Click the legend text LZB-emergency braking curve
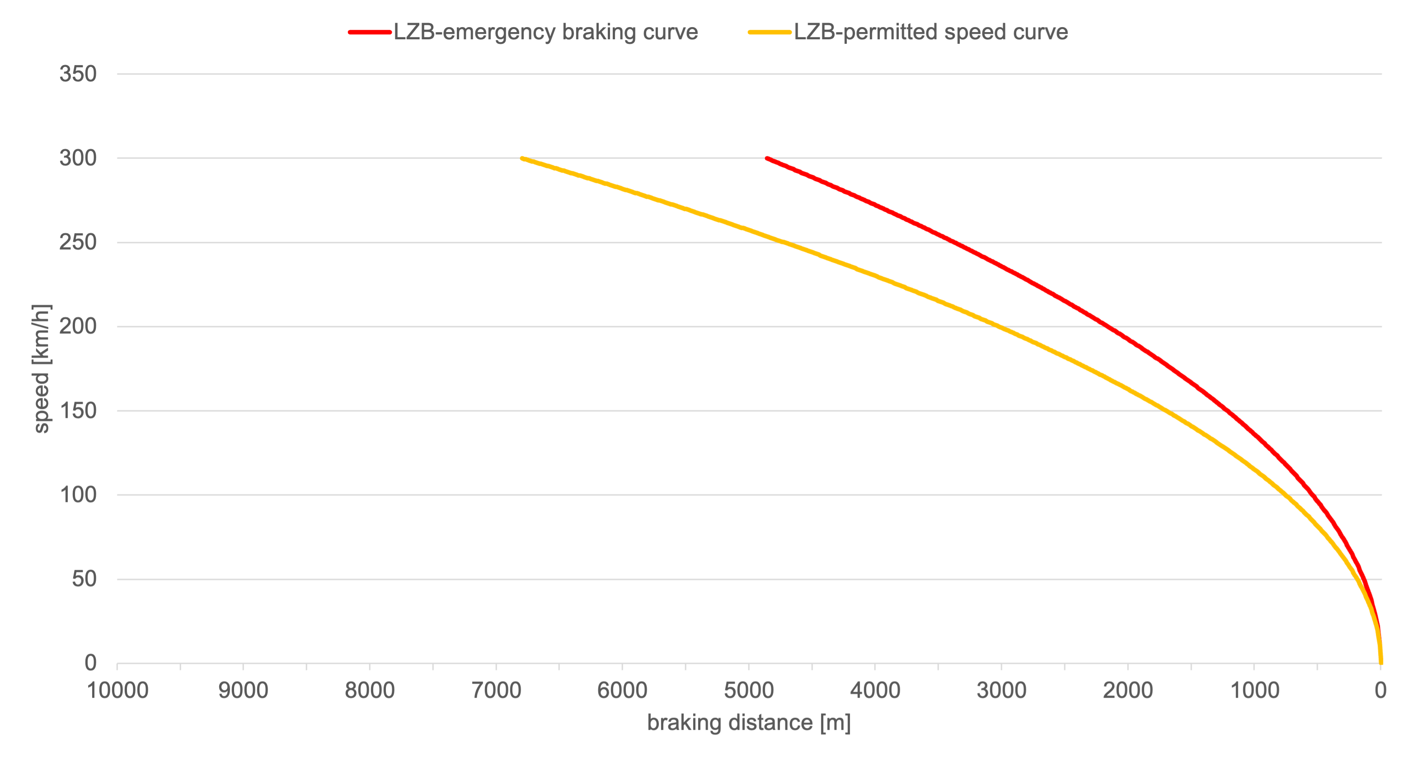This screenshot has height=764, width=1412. [x=545, y=32]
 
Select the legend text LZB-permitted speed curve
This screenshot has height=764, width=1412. [x=931, y=32]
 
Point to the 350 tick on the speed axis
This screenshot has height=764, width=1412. [x=78, y=74]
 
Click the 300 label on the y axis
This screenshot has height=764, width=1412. [x=78, y=159]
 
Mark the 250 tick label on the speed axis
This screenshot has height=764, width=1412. [x=78, y=242]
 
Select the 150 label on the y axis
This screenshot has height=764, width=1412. [x=78, y=411]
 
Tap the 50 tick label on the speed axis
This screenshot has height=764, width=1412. [x=84, y=579]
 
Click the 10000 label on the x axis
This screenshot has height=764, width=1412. [x=117, y=690]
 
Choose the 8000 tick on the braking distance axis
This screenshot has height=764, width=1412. [x=370, y=690]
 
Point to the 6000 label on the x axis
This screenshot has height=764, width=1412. [x=622, y=690]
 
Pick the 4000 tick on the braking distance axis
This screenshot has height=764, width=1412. [x=875, y=690]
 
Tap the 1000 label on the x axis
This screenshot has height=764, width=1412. [x=1254, y=690]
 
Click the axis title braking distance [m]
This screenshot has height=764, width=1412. [x=749, y=723]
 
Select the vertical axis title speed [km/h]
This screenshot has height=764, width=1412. [x=41, y=368]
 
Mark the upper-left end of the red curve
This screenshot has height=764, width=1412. [x=767, y=159]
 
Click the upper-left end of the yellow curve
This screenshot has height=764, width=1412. [x=522, y=159]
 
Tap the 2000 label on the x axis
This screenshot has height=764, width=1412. [x=1127, y=690]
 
